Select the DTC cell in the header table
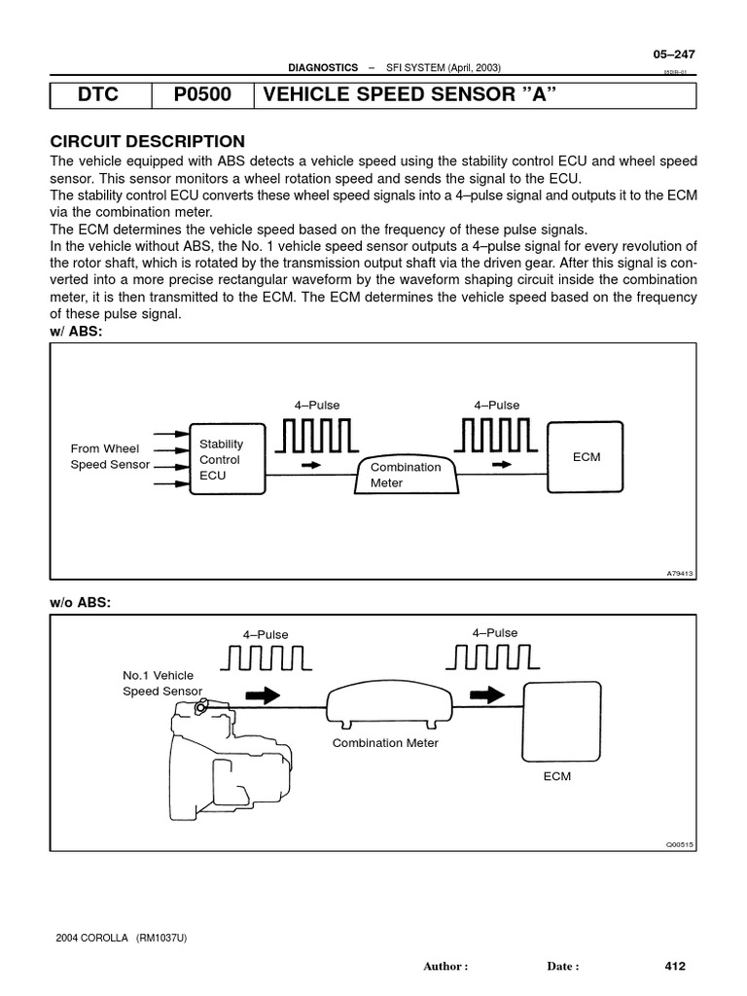(100, 95)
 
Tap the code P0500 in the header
(202, 95)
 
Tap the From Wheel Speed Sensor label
(110, 456)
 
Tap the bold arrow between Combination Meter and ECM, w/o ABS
(485, 695)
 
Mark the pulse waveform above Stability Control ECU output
(313, 437)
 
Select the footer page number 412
(675, 966)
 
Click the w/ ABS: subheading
(77, 331)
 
